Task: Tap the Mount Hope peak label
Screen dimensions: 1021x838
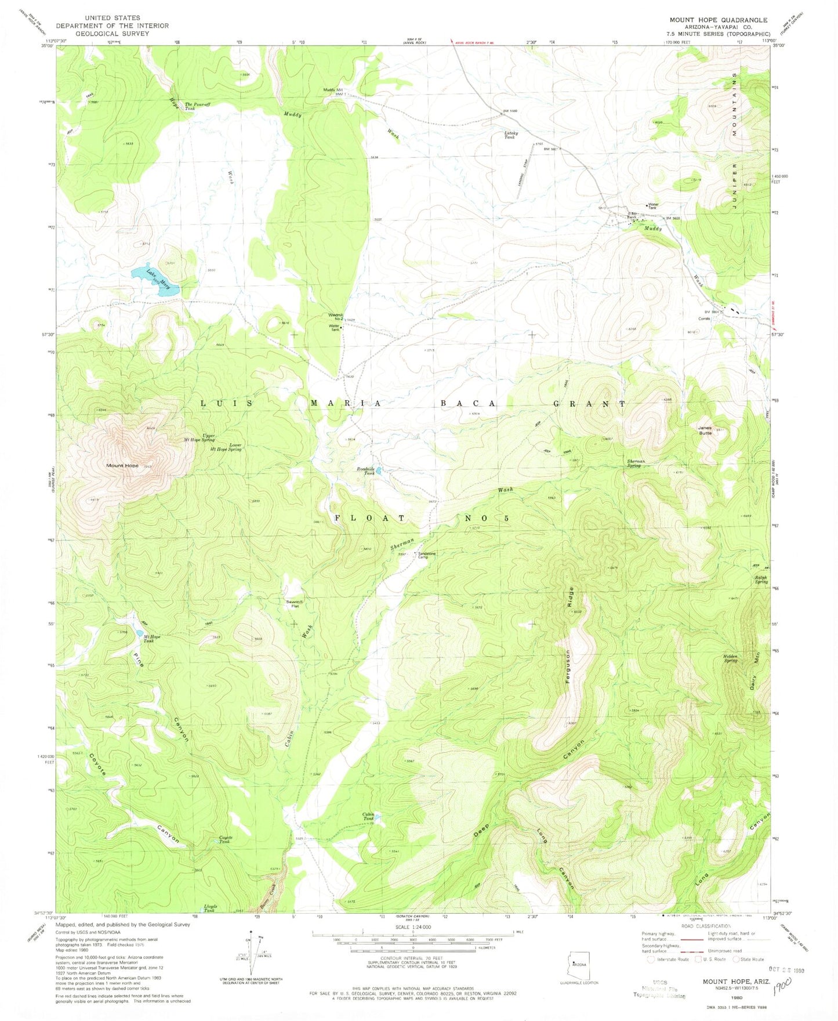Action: (x=122, y=466)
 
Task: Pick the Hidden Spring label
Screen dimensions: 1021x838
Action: (x=731, y=658)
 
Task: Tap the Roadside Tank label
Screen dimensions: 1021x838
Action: (x=365, y=471)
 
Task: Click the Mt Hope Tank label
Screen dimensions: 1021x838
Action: (x=152, y=638)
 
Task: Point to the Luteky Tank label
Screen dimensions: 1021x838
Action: (x=510, y=135)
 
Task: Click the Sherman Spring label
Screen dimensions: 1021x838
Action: (x=636, y=464)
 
